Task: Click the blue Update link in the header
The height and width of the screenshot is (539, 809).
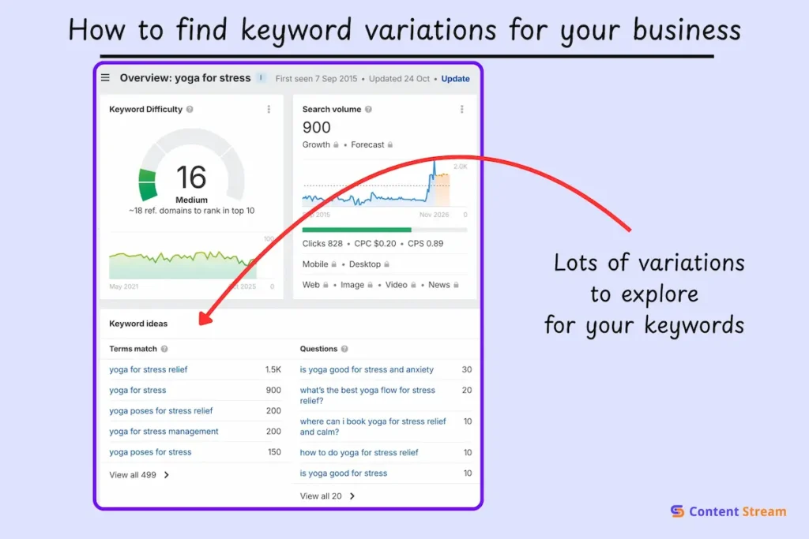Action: tap(455, 79)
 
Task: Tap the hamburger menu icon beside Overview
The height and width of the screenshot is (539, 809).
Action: tap(105, 77)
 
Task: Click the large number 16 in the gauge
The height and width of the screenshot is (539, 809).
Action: tap(191, 177)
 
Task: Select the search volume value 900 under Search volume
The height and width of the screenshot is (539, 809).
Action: tap(317, 127)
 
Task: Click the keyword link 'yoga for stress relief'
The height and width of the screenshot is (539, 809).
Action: tap(149, 369)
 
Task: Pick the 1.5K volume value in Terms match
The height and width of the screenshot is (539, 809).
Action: tap(273, 369)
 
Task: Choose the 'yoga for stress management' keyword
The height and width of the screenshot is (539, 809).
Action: tap(164, 432)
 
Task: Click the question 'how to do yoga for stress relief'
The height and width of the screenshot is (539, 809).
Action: tap(359, 453)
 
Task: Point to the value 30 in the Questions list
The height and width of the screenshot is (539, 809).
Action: tap(467, 369)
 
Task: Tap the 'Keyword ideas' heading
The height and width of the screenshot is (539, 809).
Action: tap(138, 324)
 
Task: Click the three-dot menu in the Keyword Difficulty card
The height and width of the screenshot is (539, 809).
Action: tap(269, 110)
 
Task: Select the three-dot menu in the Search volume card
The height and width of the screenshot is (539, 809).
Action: tap(462, 110)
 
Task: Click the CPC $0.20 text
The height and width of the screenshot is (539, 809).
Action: tap(374, 244)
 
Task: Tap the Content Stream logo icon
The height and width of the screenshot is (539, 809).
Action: tap(677, 511)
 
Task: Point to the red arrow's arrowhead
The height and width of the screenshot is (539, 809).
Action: tap(204, 320)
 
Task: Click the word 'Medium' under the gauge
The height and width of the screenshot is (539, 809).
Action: tap(191, 200)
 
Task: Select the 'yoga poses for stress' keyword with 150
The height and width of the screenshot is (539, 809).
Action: tap(150, 452)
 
